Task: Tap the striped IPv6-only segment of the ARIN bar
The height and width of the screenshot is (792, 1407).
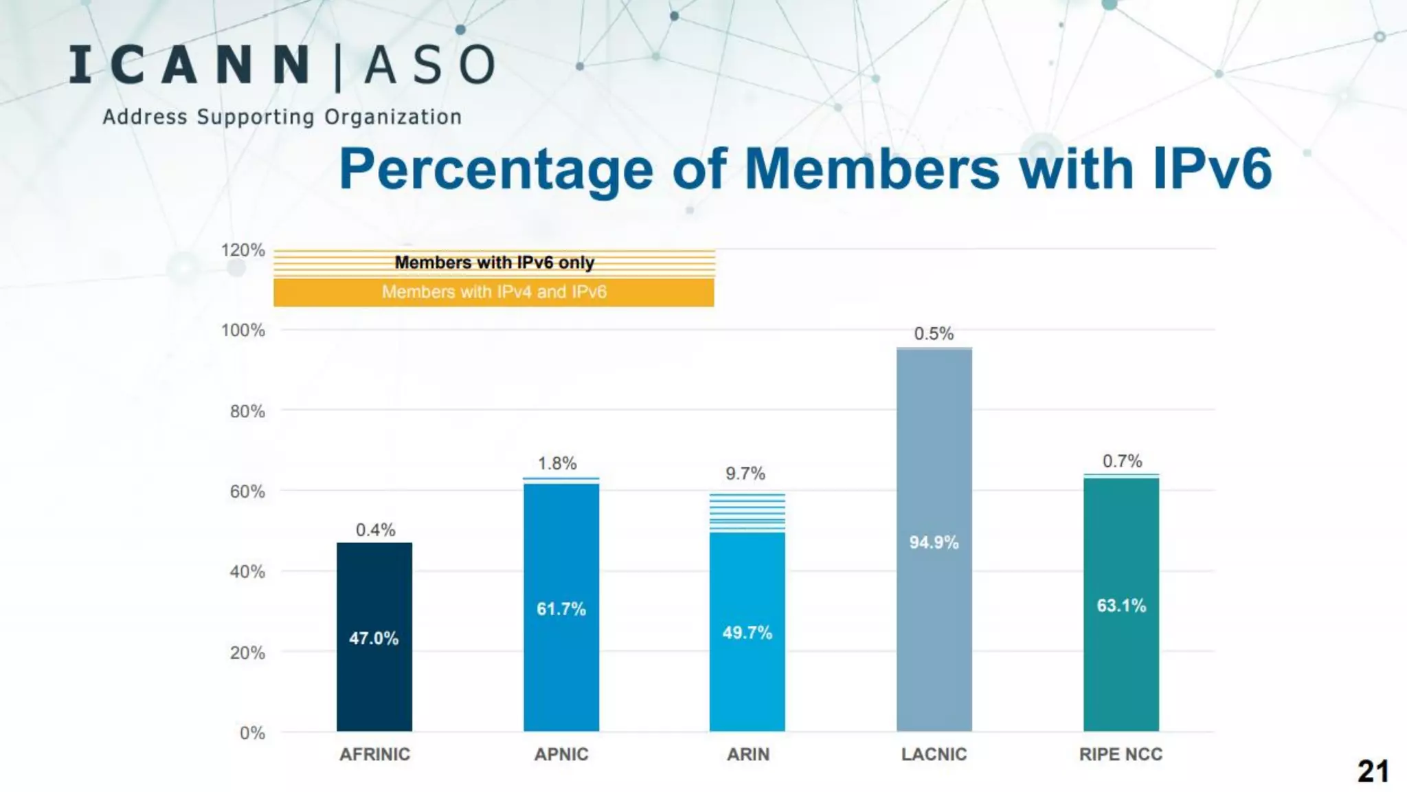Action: click(x=747, y=513)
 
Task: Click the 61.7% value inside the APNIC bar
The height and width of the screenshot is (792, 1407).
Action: click(x=561, y=609)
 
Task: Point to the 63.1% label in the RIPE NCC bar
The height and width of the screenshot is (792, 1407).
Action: click(x=1121, y=606)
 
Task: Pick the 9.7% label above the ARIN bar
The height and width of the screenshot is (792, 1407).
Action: click(x=745, y=474)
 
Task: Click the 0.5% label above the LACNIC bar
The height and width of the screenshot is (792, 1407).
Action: click(x=934, y=334)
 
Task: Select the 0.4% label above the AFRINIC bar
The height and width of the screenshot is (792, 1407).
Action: click(x=375, y=530)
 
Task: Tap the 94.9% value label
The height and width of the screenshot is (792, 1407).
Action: click(x=934, y=542)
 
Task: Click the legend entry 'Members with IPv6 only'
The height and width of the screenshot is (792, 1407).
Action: click(x=494, y=263)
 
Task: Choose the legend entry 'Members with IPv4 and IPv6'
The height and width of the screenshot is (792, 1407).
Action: click(x=494, y=292)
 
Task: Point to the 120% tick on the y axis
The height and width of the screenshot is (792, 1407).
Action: click(x=243, y=250)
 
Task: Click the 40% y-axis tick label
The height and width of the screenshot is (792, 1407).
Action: click(x=247, y=572)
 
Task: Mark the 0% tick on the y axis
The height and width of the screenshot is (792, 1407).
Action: click(x=252, y=733)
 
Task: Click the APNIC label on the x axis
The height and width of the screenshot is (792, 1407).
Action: click(x=561, y=754)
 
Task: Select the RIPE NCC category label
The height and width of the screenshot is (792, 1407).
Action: click(x=1121, y=754)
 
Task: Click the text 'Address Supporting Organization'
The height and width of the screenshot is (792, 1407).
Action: click(x=282, y=117)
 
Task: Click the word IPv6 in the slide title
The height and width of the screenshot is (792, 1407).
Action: click(x=1212, y=168)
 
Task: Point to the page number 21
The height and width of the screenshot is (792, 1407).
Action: click(x=1373, y=771)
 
